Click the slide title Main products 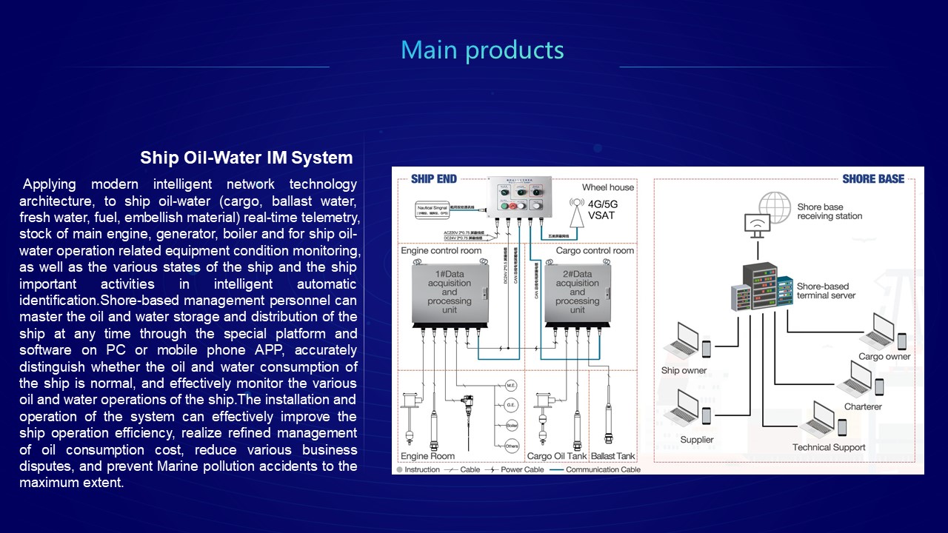[x=482, y=50]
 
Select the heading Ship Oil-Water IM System [x=246, y=158]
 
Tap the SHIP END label [x=434, y=178]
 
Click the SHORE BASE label [x=873, y=178]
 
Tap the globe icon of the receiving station [x=775, y=207]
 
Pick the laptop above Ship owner [x=681, y=341]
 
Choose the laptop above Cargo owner [x=879, y=332]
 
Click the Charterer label [x=863, y=406]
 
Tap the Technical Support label [x=829, y=447]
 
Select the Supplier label [x=697, y=440]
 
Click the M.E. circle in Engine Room [x=510, y=386]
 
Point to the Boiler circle [x=510, y=426]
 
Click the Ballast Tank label [x=612, y=456]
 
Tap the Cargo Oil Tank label [x=556, y=456]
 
